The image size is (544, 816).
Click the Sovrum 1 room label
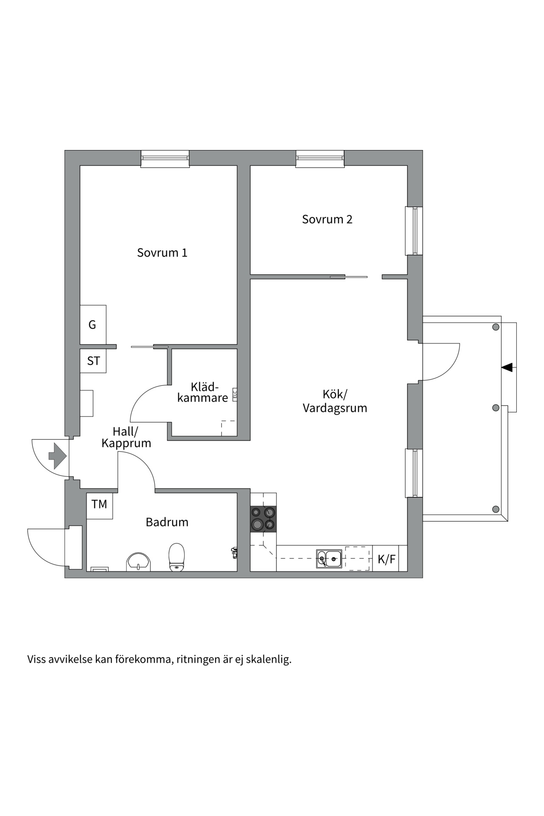tap(162, 253)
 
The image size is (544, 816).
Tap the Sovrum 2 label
tap(327, 219)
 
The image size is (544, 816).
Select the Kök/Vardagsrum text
tap(334, 401)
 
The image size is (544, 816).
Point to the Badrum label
tap(167, 522)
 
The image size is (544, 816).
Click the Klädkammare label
tap(203, 393)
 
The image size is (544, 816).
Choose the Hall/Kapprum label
tap(126, 438)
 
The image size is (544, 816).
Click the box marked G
tap(93, 325)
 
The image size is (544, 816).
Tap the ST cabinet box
tap(93, 361)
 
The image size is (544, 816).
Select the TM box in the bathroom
tap(99, 504)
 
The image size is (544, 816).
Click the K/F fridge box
tap(386, 559)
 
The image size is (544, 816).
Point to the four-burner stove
tap(263, 519)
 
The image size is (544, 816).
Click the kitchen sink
tap(329, 558)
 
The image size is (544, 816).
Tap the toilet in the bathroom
tap(176, 557)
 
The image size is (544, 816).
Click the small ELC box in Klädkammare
tap(234, 394)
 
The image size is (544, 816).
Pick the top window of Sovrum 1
tap(165, 159)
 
